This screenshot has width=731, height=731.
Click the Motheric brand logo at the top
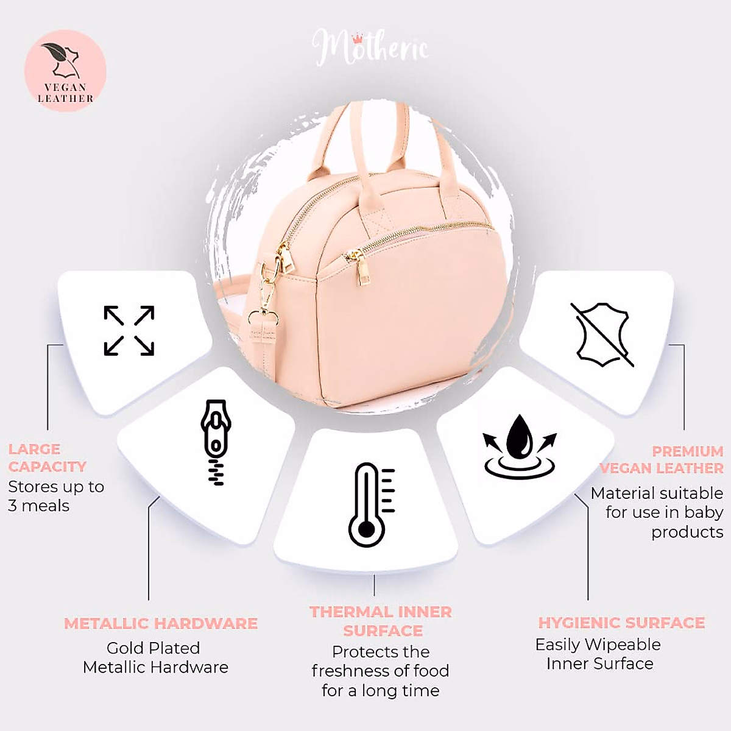[x=370, y=48]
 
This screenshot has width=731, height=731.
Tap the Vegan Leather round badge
[x=65, y=71]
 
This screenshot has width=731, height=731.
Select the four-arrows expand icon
[x=129, y=331]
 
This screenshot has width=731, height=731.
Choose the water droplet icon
[x=520, y=445]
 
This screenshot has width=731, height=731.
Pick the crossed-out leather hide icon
[x=602, y=334]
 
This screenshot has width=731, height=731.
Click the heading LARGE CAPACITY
[x=47, y=458]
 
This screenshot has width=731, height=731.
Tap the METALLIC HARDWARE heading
[x=161, y=624]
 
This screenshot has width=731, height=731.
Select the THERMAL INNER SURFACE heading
[x=381, y=621]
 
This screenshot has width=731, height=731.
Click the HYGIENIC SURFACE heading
[x=621, y=623]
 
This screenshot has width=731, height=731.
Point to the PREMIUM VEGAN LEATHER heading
[x=662, y=460]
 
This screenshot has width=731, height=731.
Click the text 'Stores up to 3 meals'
[x=55, y=496]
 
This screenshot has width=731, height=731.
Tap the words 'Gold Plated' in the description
[x=153, y=648]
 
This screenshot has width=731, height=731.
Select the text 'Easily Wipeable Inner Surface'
[x=598, y=654]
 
